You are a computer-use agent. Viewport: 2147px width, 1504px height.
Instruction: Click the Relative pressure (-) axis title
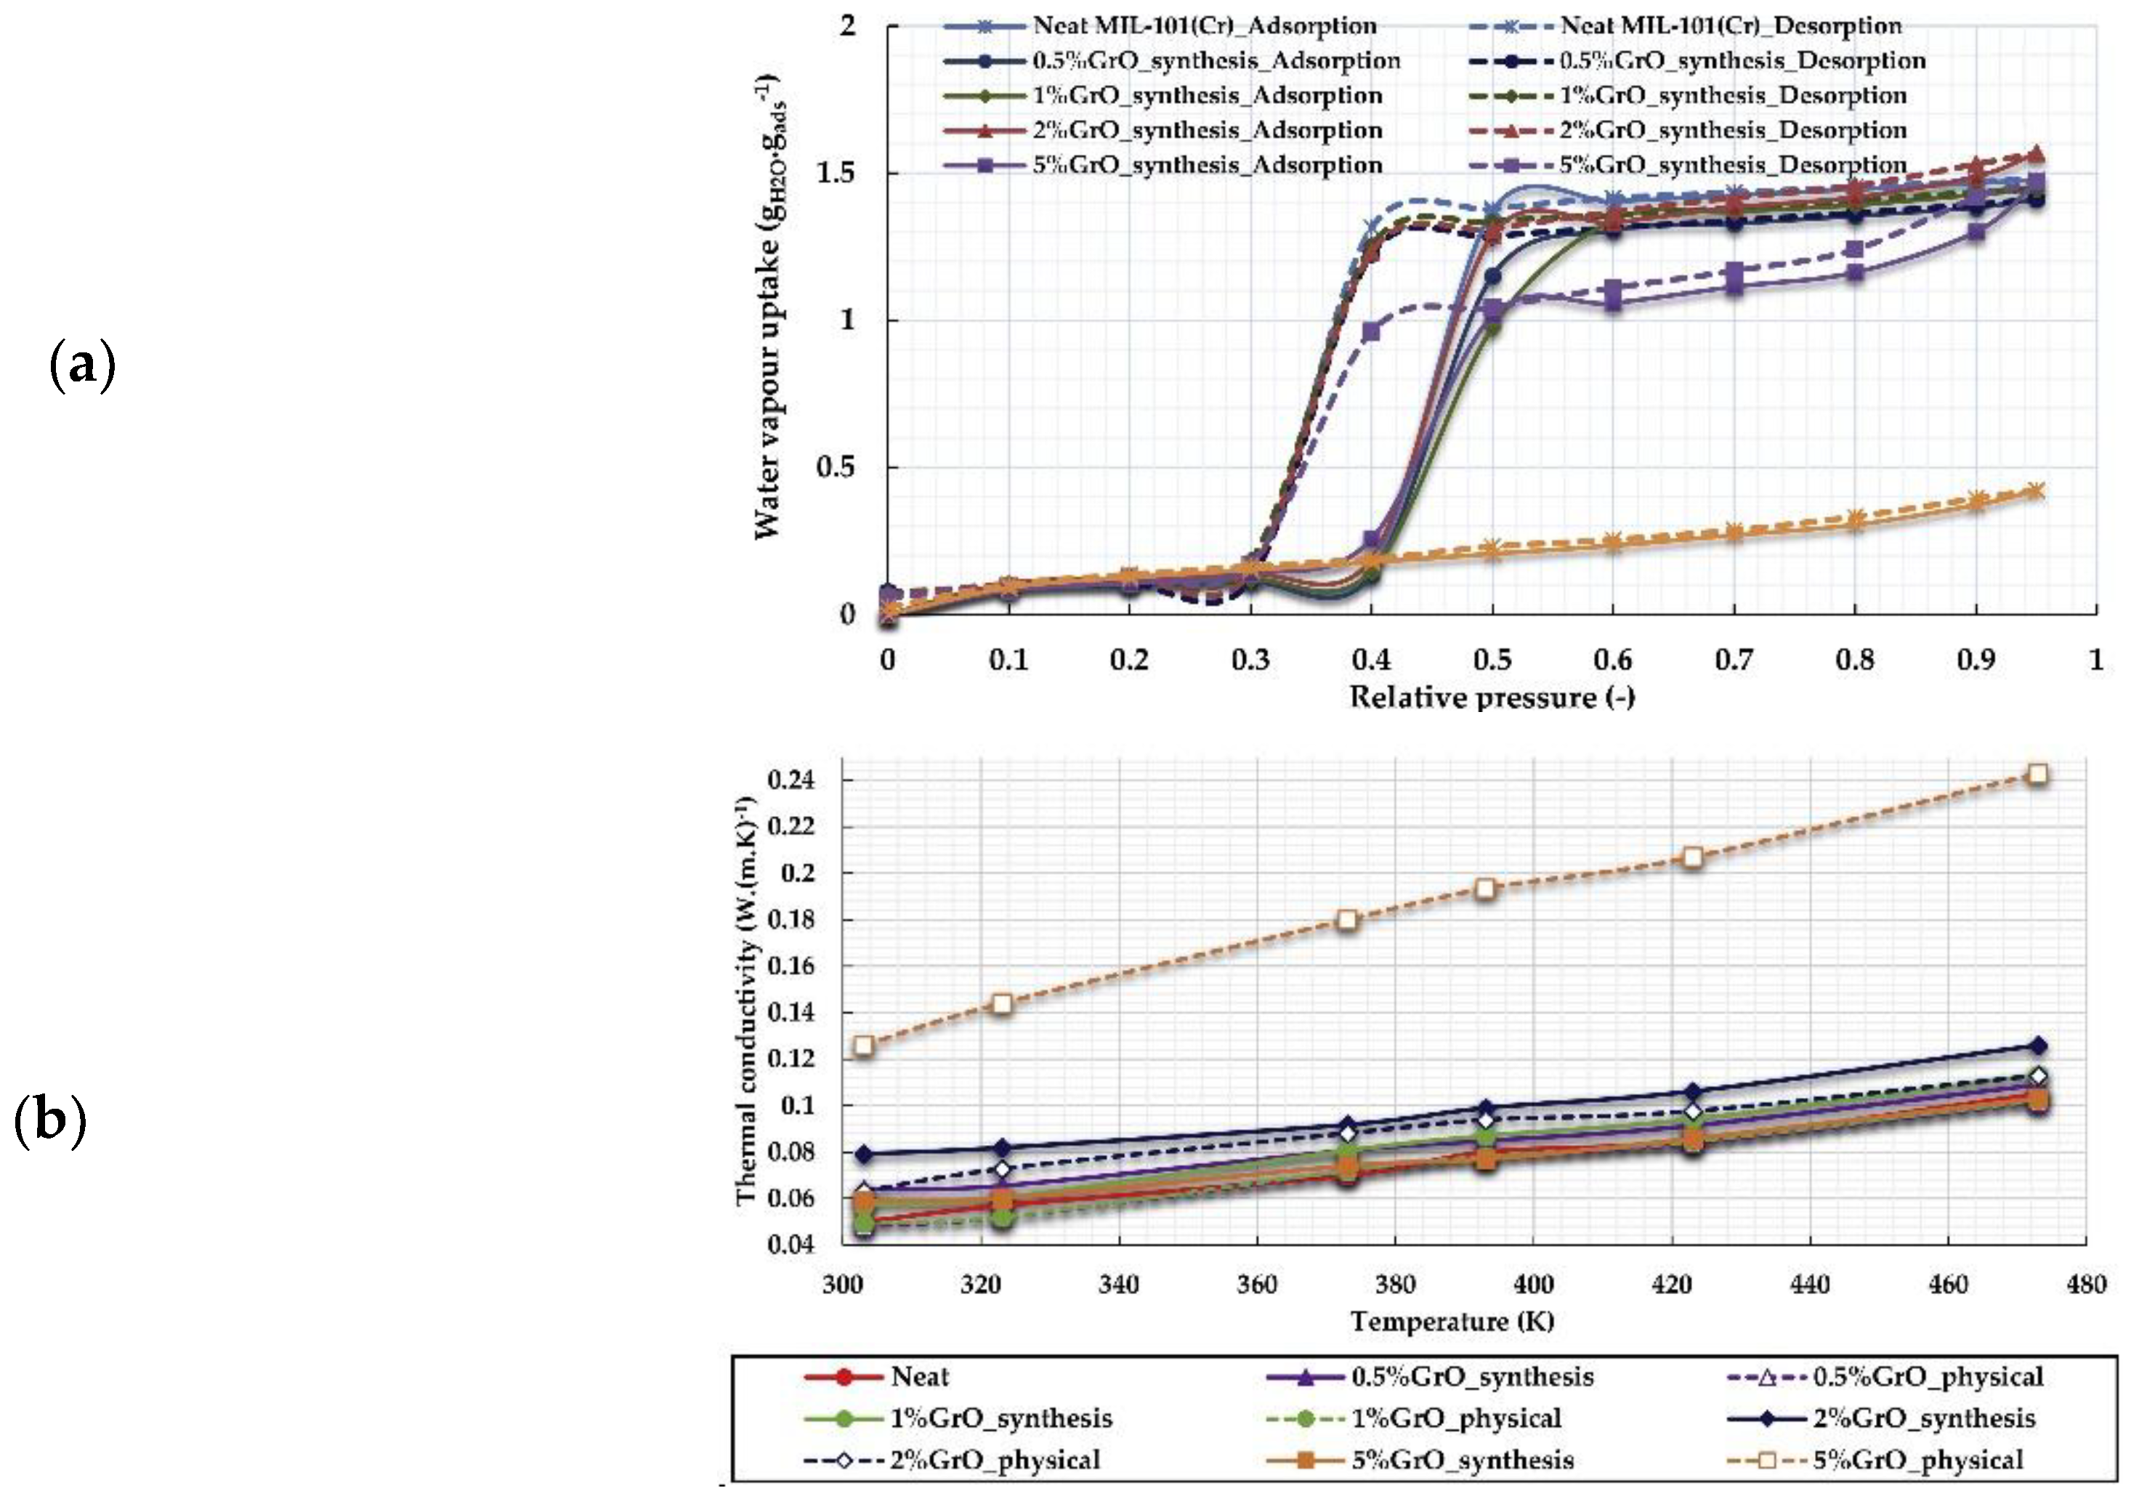[x=1492, y=698]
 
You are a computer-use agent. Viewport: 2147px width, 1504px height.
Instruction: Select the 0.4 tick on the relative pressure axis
[x=1371, y=660]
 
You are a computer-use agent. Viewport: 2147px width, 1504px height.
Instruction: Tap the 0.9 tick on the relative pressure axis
[x=1975, y=660]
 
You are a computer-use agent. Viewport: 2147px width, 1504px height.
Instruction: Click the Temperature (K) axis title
[x=1452, y=1322]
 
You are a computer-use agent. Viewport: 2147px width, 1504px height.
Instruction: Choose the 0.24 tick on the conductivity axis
[x=791, y=780]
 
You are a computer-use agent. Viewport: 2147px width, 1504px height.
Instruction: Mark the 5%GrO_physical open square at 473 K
[x=2039, y=775]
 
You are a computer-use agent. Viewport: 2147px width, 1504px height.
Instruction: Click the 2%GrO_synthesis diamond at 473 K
[x=2039, y=1046]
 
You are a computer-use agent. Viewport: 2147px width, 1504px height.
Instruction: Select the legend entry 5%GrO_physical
[x=1917, y=1460]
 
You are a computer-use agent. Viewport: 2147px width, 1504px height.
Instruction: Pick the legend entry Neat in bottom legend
[x=919, y=1377]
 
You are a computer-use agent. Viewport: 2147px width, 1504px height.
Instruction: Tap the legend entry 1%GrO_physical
[x=1456, y=1418]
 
